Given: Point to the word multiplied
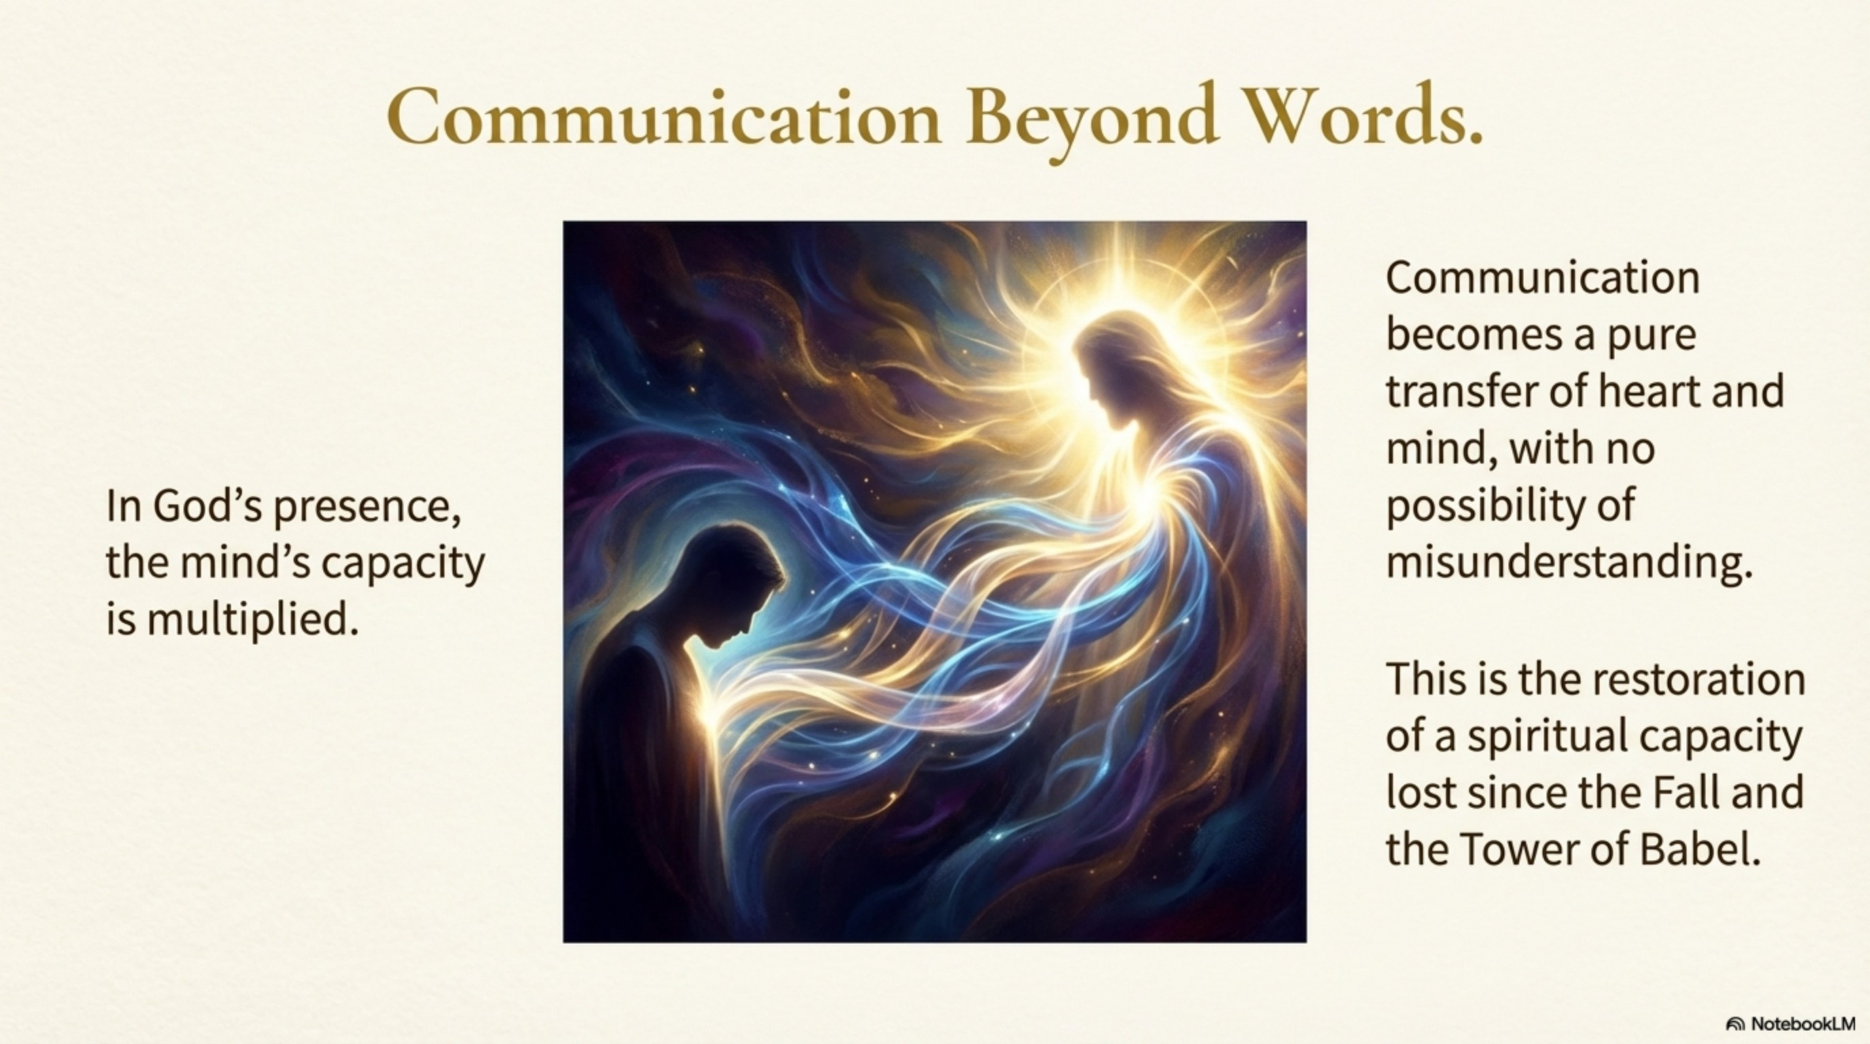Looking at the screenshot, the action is (253, 621).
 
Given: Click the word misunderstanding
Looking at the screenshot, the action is (1569, 563).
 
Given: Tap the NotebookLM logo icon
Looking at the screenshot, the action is (1735, 1024).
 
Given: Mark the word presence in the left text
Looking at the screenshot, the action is (367, 508).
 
